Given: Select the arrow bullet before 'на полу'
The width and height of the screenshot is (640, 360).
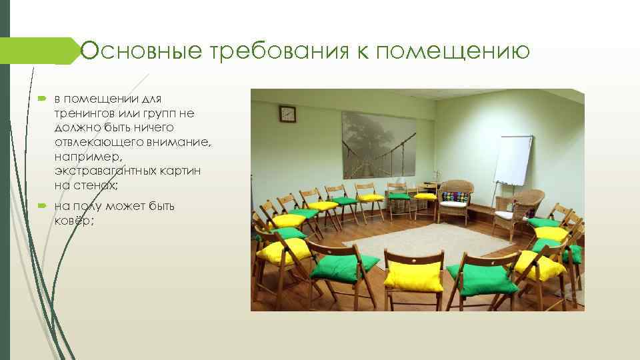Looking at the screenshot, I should pos(41,207).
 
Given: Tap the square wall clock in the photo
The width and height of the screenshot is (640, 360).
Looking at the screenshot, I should pos(287,113).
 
